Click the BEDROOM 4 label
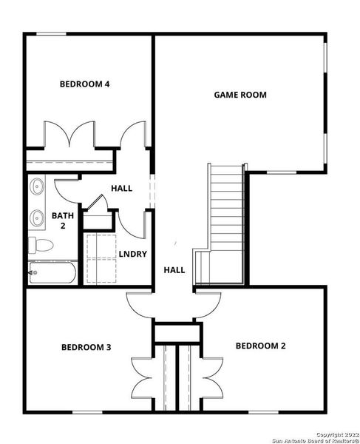(84, 84)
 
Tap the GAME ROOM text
(240, 95)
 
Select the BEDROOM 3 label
(86, 346)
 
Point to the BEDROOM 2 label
(260, 345)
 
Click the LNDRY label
(132, 255)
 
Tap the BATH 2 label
(58, 221)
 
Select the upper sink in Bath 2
(37, 188)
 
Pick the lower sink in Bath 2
(37, 218)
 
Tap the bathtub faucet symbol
(31, 273)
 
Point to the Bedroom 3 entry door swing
(140, 303)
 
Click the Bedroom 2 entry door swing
(210, 302)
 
